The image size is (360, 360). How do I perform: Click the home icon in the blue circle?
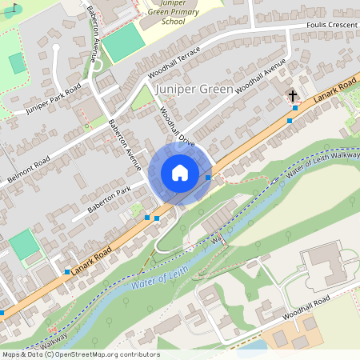point(180,172)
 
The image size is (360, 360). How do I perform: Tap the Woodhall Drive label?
point(176,126)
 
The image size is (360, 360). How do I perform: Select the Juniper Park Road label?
point(54,98)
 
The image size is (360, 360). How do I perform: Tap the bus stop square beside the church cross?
point(295,108)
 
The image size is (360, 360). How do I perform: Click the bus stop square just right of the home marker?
point(208,178)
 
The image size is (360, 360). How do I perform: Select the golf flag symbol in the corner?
point(10,10)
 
